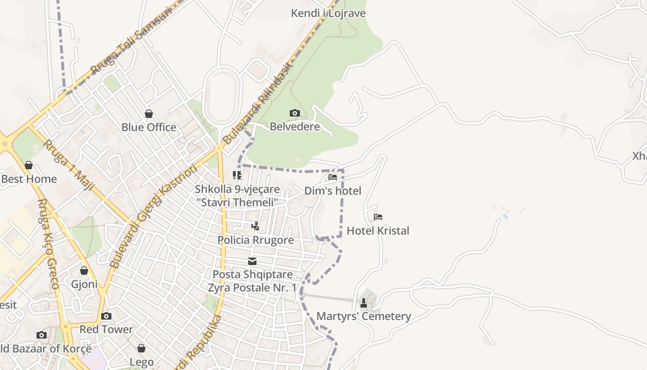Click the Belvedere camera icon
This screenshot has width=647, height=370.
(294, 113)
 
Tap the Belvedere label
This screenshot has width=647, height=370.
(294, 127)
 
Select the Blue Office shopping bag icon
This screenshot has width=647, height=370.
(149, 114)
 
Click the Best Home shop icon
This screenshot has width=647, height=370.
(29, 166)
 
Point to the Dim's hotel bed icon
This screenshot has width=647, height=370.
(333, 177)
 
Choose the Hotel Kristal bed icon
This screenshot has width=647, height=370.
(378, 217)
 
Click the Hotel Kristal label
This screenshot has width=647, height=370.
(378, 231)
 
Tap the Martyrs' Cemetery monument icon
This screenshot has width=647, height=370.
(364, 303)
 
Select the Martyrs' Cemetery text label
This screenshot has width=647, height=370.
(363, 317)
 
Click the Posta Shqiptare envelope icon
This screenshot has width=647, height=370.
(252, 261)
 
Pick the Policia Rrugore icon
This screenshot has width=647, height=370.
(255, 226)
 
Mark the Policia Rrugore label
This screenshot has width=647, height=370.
(256, 240)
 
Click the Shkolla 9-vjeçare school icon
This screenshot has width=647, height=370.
(237, 175)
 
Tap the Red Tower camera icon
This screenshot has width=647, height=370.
(106, 316)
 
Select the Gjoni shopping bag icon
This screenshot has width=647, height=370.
(84, 271)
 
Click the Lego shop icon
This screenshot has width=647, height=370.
(141, 348)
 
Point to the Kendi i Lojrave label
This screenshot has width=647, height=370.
(328, 13)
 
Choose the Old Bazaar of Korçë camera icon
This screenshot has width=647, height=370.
(42, 335)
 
